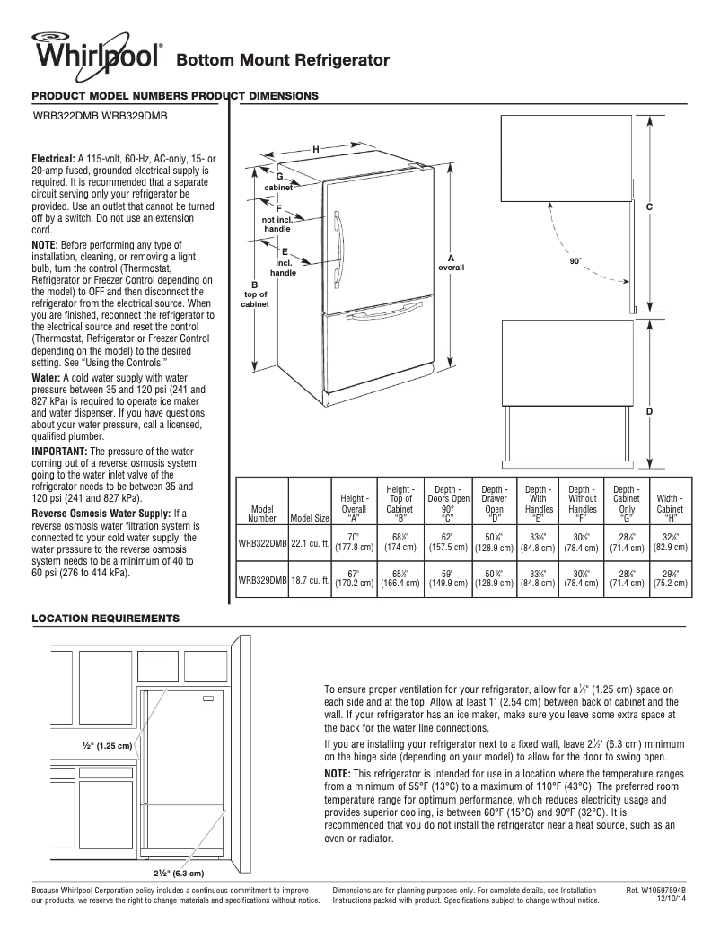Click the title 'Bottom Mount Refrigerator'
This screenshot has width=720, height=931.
click(x=283, y=60)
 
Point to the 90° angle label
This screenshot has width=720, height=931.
click(x=576, y=262)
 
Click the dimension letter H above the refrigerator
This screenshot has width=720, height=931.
click(x=315, y=148)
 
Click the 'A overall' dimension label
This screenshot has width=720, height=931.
click(x=451, y=263)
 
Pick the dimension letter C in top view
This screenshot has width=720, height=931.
click(x=648, y=207)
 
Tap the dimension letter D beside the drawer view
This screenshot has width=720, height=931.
click(x=648, y=411)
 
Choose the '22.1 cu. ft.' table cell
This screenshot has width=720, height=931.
click(x=309, y=542)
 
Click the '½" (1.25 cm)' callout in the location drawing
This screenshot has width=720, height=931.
click(x=107, y=745)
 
